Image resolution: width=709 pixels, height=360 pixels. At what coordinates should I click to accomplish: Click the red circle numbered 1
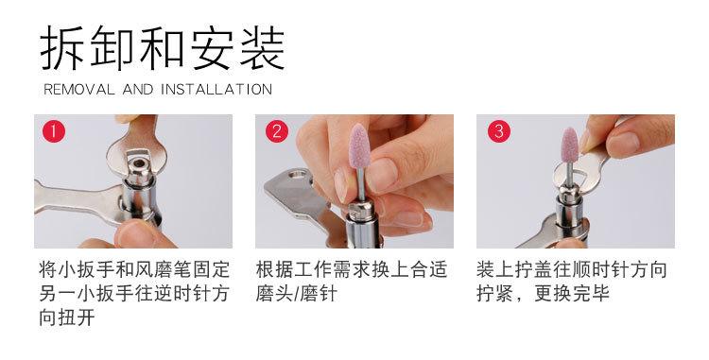(54, 131)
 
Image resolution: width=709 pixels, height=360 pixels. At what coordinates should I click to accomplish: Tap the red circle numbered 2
(277, 131)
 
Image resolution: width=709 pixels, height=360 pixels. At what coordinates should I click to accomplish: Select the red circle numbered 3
(499, 131)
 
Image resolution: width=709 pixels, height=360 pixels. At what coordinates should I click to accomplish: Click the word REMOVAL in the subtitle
(79, 90)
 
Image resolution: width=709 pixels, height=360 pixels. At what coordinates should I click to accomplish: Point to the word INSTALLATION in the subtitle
(216, 90)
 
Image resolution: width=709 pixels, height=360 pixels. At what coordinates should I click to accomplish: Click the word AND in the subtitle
(138, 90)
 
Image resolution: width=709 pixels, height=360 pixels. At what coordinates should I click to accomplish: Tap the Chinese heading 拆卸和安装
(163, 48)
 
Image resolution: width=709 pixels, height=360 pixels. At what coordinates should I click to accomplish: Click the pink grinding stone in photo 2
(360, 146)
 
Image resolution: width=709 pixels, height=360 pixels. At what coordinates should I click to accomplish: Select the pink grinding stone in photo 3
(569, 145)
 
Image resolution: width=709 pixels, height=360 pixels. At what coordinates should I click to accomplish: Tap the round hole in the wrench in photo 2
(298, 175)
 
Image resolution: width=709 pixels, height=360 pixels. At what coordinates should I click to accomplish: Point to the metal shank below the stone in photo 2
(360, 184)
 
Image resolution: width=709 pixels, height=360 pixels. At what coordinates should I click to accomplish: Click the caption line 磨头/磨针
(297, 293)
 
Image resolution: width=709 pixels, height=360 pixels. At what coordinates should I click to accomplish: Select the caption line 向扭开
(67, 317)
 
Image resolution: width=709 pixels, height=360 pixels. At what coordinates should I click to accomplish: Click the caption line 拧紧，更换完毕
(543, 293)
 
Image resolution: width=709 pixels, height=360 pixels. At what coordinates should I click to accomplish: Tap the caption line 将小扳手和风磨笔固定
(134, 269)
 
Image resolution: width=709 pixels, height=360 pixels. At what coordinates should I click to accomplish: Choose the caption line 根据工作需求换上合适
(352, 269)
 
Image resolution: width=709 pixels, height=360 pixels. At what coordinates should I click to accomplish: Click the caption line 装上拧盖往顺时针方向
(572, 269)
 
